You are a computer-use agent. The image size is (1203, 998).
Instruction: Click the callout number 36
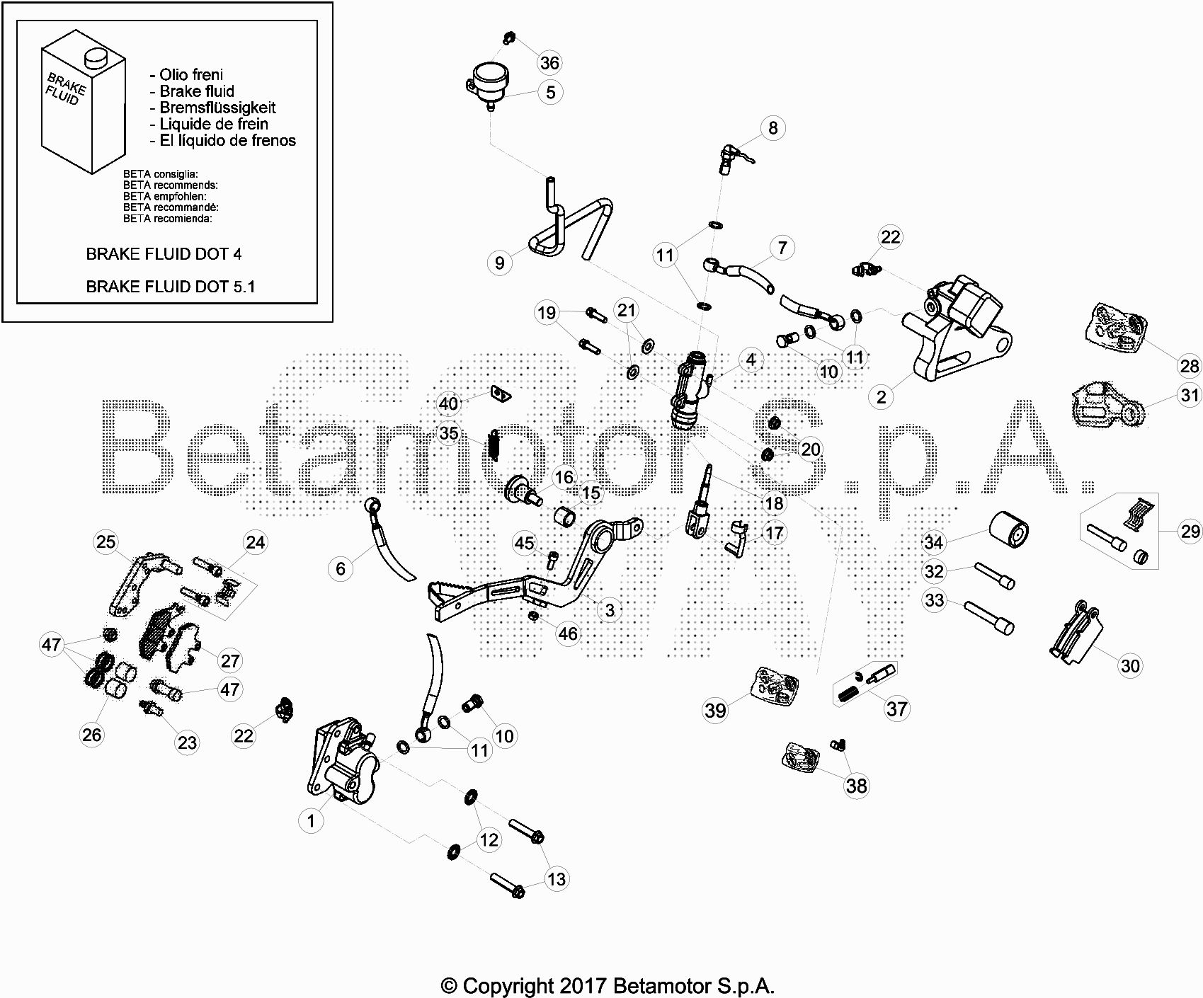click(549, 63)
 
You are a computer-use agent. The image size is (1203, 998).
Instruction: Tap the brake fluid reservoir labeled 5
click(489, 85)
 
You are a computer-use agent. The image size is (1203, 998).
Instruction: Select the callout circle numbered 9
click(500, 263)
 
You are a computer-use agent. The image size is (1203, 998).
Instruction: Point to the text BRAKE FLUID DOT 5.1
click(171, 287)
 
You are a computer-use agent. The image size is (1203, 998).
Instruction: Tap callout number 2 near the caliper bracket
click(881, 397)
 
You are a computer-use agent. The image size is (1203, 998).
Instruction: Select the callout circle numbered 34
click(934, 543)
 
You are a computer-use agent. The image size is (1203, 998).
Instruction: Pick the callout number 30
click(1130, 665)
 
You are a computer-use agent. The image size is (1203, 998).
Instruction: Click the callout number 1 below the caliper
click(311, 821)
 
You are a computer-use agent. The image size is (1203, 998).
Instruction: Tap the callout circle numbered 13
click(557, 879)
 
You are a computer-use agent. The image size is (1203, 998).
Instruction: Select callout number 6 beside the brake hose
click(341, 569)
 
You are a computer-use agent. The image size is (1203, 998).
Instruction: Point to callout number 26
click(92, 735)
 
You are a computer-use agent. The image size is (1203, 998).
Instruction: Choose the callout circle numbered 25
click(106, 542)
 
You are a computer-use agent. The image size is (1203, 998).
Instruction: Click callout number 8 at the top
click(772, 128)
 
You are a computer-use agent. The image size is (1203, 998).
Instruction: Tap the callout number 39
click(715, 710)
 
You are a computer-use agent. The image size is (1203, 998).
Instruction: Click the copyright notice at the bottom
click(608, 985)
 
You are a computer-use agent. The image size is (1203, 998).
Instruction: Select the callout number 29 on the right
click(1190, 531)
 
